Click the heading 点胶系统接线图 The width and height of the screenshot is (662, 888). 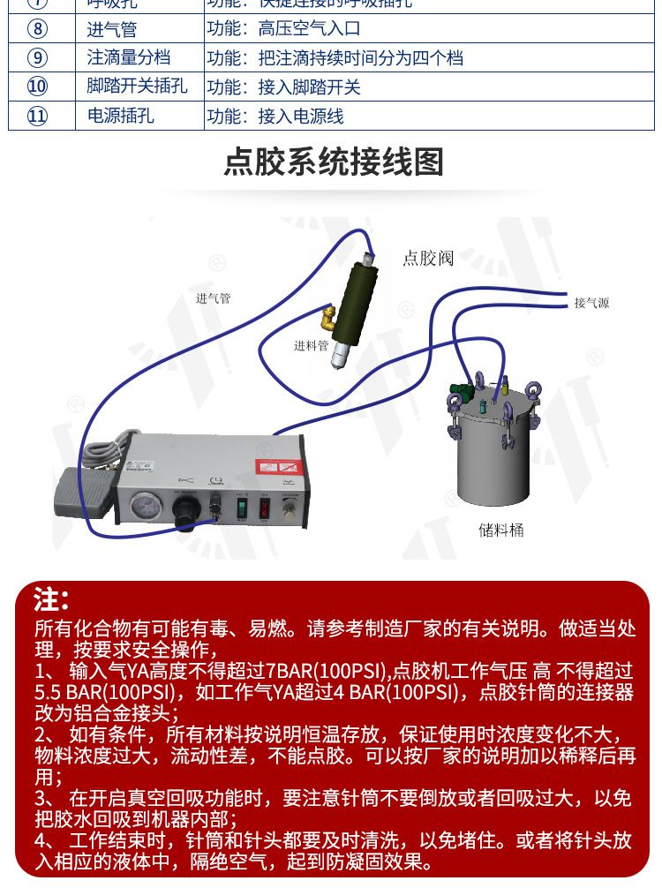pyautogui.click(x=333, y=162)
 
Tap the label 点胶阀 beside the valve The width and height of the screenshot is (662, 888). pyautogui.click(x=428, y=258)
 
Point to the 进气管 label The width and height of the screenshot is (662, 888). pyautogui.click(x=213, y=298)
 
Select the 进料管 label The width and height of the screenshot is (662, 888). pyautogui.click(x=311, y=345)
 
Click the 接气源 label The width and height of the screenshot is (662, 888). pyautogui.click(x=591, y=303)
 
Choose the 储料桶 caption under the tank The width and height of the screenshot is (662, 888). pyautogui.click(x=501, y=530)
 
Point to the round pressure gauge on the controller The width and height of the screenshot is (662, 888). pyautogui.click(x=144, y=508)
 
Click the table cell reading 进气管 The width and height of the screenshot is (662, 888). pyautogui.click(x=112, y=29)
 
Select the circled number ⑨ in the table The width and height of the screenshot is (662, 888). pyautogui.click(x=37, y=58)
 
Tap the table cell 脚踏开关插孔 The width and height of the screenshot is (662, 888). pyautogui.click(x=137, y=87)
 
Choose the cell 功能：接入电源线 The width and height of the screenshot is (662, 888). pyautogui.click(x=275, y=116)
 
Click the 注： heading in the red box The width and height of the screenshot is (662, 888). pyautogui.click(x=50, y=600)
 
